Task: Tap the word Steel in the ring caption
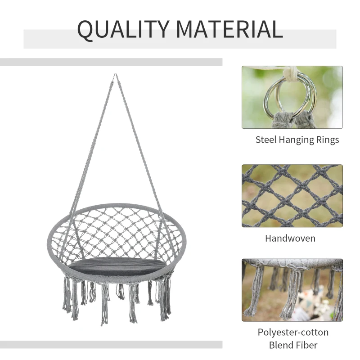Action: (x=267, y=140)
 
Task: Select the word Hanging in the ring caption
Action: (x=297, y=140)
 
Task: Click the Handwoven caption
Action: (x=290, y=238)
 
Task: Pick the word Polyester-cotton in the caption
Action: (x=293, y=333)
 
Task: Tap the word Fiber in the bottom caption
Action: (x=307, y=346)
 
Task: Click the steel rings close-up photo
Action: (x=292, y=97)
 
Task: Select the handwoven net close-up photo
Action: (x=292, y=195)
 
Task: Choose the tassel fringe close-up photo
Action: (x=292, y=290)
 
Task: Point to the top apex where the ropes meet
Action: (x=115, y=76)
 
